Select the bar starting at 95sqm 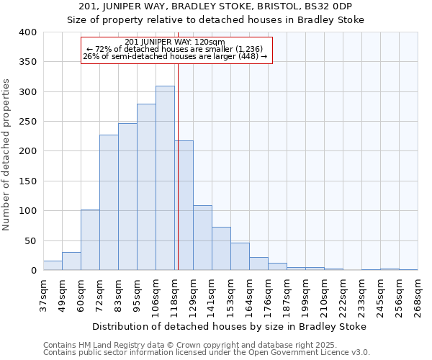(x=146, y=187)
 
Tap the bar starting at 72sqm (x=109, y=202)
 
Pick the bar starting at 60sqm (x=90, y=240)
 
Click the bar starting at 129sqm (x=202, y=238)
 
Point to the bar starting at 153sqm (x=240, y=256)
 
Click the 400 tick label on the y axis (x=28, y=32)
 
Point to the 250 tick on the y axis (x=28, y=122)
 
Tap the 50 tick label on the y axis (x=31, y=240)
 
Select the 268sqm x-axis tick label (x=418, y=295)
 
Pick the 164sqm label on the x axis (x=249, y=295)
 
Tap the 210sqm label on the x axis (x=324, y=295)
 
